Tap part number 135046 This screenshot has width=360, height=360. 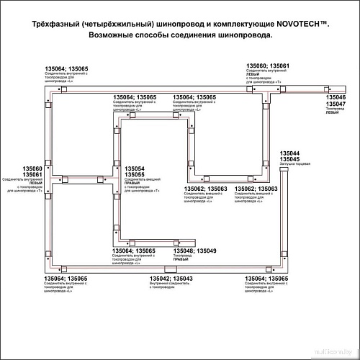pos(336,96)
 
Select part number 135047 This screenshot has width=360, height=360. pos(336,104)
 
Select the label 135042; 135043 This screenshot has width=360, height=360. pos(171,279)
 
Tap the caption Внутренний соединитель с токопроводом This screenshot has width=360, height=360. pos(171,287)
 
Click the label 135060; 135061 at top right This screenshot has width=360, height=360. pos(268,66)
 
